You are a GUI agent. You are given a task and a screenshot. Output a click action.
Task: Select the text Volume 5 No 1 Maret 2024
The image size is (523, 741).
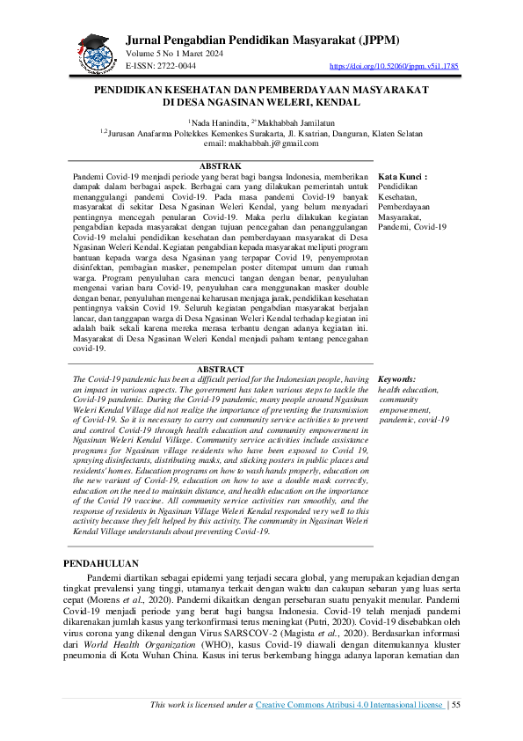[174, 55]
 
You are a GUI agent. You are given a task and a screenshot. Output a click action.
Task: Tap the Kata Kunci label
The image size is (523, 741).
[402, 176]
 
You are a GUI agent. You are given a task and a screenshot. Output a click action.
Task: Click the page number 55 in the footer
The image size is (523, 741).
[455, 704]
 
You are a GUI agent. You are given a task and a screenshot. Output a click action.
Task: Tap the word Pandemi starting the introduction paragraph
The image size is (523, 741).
[105, 576]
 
